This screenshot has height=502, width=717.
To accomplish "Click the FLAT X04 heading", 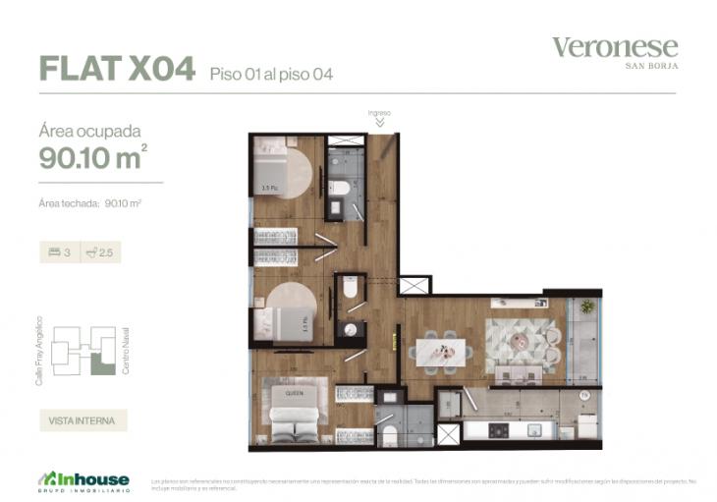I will click(116, 68).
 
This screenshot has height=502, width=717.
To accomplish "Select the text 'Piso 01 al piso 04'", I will click(270, 74).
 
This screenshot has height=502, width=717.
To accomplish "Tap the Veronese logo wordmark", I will click(614, 47).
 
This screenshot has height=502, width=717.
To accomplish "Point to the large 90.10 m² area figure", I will click(93, 156).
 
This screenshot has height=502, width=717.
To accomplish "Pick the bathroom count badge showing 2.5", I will click(101, 252).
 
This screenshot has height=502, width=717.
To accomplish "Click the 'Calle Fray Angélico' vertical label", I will click(39, 350).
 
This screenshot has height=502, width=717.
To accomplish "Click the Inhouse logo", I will click(84, 479).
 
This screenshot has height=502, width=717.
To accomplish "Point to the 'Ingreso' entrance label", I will click(379, 113).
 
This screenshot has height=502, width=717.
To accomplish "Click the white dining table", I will click(437, 350).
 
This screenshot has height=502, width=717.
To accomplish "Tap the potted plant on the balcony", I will click(587, 307).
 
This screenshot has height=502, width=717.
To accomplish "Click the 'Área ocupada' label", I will click(89, 130).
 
